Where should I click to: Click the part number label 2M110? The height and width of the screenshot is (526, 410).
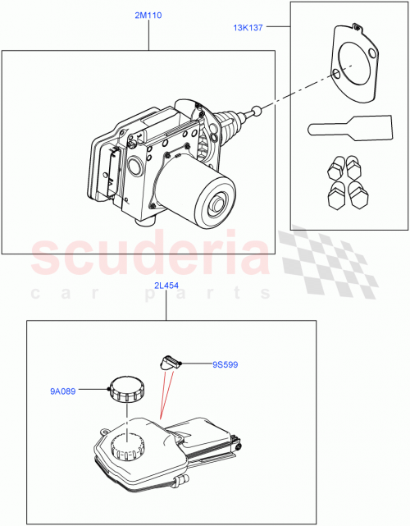pyautogui.click(x=137, y=16)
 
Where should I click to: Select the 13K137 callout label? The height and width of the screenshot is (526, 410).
pyautogui.click(x=248, y=28)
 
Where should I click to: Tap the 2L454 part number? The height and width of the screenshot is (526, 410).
pyautogui.click(x=166, y=286)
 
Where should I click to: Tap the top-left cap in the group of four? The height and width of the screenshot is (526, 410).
pyautogui.click(x=334, y=168)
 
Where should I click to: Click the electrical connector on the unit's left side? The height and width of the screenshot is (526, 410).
pyautogui.click(x=108, y=172)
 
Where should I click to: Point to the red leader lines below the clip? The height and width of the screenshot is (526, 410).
pyautogui.click(x=164, y=398)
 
